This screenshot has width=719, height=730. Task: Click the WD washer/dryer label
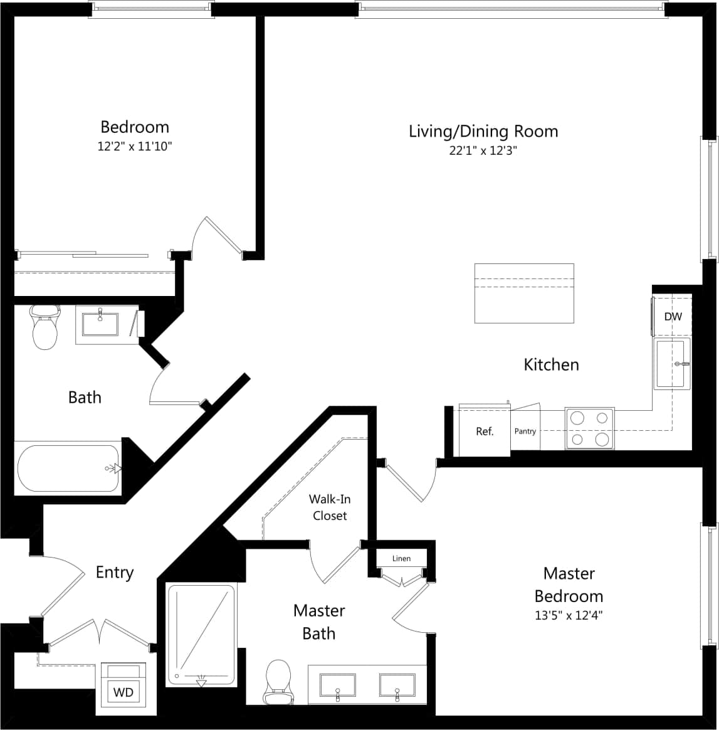(123, 692)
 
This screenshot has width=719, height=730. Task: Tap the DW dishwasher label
(673, 317)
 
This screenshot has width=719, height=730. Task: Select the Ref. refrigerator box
(485, 431)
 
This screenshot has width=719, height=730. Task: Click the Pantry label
(525, 431)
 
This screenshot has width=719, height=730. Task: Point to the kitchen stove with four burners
(590, 428)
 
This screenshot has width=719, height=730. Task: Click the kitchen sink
(672, 364)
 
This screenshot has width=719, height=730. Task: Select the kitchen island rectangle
(524, 293)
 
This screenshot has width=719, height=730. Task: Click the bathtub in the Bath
(68, 468)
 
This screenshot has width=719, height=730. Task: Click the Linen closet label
(401, 558)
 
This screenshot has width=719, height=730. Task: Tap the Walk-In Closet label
(329, 507)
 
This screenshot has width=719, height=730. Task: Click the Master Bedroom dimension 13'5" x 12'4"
(569, 615)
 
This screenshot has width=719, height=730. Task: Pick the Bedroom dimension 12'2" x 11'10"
(135, 145)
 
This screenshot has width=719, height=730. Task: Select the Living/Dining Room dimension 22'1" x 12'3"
(483, 151)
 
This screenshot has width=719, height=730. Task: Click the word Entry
(115, 572)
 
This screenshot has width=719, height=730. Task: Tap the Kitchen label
(551, 364)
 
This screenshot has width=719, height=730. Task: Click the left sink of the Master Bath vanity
(337, 685)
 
